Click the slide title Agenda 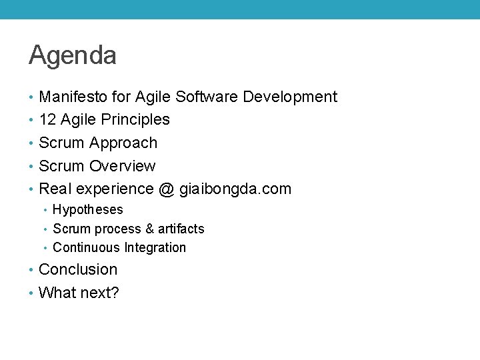pyautogui.click(x=73, y=56)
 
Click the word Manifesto pyautogui.click(x=73, y=97)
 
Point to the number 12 pyautogui.click(x=47, y=120)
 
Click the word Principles pyautogui.click(x=136, y=120)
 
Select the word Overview pyautogui.click(x=123, y=166)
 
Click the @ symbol pyautogui.click(x=166, y=189)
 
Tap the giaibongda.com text pyautogui.click(x=235, y=189)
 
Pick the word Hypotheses pyautogui.click(x=88, y=210)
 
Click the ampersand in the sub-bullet pyautogui.click(x=149, y=229)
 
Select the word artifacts pyautogui.click(x=181, y=229)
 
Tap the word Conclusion pyautogui.click(x=78, y=270)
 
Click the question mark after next pyautogui.click(x=115, y=293)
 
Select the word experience pyautogui.click(x=113, y=189)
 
